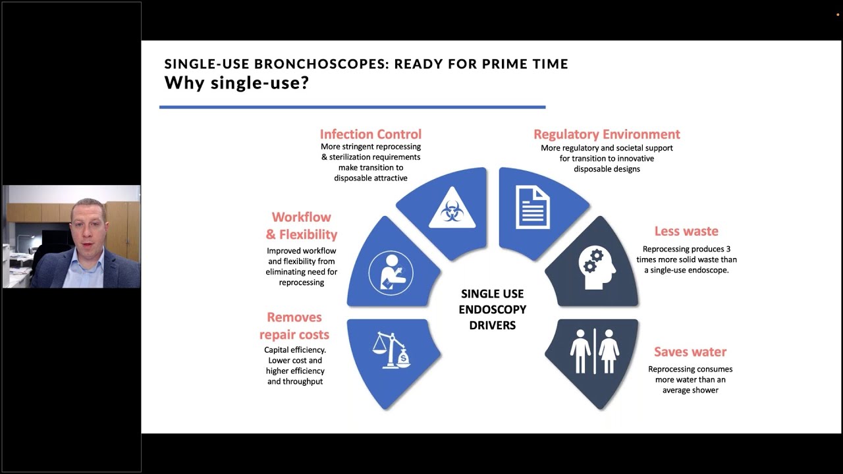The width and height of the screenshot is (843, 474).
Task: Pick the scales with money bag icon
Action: click(391, 350)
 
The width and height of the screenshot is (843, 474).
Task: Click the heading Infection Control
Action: click(370, 134)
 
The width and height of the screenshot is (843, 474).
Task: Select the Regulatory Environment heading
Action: click(607, 134)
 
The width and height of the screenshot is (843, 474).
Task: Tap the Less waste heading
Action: click(686, 231)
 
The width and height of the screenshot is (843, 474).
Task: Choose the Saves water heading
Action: click(690, 352)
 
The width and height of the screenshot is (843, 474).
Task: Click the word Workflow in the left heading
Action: click(302, 217)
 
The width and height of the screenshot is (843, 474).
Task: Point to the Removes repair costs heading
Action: click(294, 326)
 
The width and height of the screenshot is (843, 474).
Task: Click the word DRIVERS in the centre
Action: click(493, 325)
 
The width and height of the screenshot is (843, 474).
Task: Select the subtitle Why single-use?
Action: click(236, 83)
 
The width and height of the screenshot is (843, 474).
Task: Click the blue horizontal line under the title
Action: click(352, 107)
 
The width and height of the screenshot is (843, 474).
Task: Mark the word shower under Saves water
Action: click(703, 390)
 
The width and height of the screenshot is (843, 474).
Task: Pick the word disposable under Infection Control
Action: click(356, 178)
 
